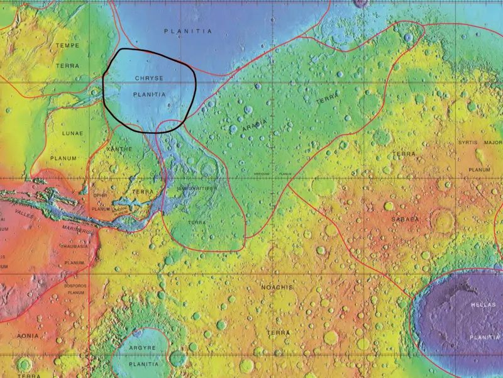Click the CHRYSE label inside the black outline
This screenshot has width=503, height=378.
coord(149,78)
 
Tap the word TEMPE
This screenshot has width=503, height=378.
coord(67,46)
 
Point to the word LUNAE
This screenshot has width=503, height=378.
coord(72,134)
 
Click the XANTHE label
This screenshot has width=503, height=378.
coord(119,148)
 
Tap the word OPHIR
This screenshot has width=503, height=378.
coord(101,196)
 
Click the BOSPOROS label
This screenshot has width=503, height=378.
coord(75,286)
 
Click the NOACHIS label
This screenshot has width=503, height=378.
coord(277,287)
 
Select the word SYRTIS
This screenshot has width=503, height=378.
coord(468,143)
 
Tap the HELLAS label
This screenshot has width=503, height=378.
coord(483,304)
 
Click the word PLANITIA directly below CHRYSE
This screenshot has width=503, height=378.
coord(150,94)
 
